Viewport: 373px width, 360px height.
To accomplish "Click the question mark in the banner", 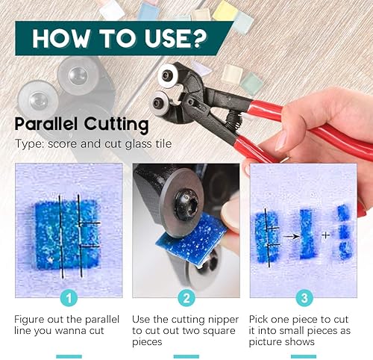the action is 199,38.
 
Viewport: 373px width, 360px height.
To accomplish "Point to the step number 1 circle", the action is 69,298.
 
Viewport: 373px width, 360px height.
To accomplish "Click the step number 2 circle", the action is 186,298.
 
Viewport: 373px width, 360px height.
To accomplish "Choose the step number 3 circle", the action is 304,298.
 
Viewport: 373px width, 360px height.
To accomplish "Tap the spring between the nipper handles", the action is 233,120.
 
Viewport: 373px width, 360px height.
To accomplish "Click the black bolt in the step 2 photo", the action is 186,205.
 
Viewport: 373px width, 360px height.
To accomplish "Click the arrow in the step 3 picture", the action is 292,236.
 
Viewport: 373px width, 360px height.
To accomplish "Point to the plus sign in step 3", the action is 326,235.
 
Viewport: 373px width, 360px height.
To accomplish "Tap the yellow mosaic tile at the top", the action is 225,10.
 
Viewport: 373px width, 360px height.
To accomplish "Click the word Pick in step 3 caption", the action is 259,319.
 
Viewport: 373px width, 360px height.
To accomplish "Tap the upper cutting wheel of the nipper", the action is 168,75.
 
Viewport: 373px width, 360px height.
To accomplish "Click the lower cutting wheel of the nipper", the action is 160,103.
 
